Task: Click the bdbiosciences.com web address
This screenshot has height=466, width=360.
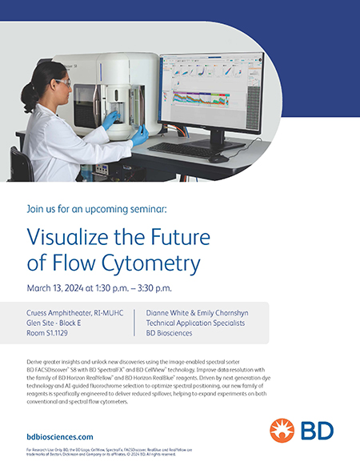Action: (60, 436)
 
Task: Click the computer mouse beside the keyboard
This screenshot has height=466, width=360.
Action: (218, 158)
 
